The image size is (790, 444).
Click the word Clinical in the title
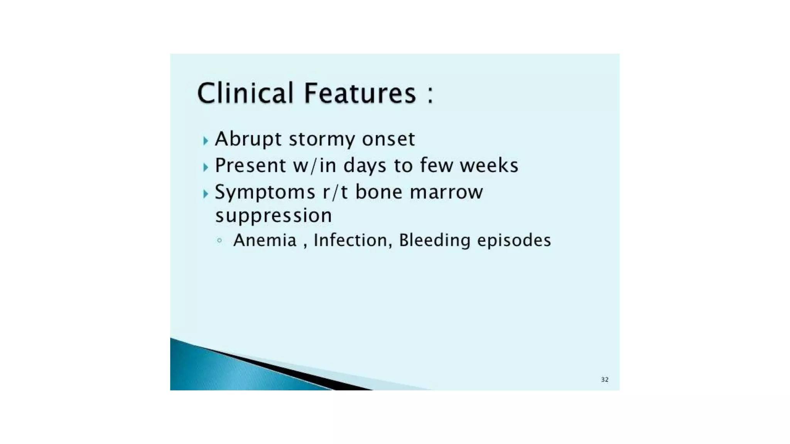[245, 93]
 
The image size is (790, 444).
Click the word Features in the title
[360, 93]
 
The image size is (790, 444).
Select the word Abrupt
[248, 139]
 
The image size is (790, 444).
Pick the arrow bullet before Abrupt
[206, 141]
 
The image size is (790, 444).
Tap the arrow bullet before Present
[206, 167]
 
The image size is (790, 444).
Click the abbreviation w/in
[315, 166]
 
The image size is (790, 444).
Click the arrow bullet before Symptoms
[206, 193]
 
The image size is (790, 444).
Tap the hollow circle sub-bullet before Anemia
[219, 240]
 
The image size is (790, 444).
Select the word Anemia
[265, 240]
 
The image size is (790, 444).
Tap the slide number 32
[604, 380]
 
